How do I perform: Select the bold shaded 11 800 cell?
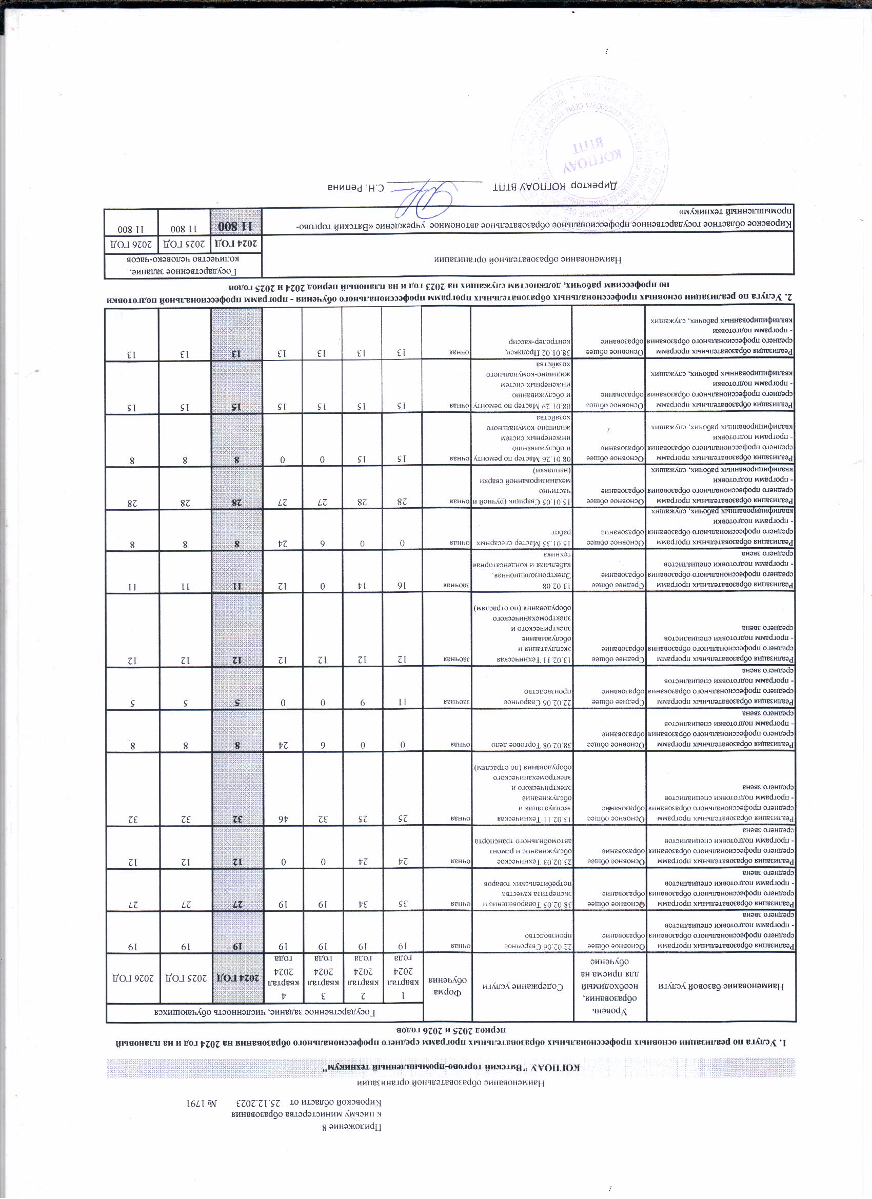point(236,226)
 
